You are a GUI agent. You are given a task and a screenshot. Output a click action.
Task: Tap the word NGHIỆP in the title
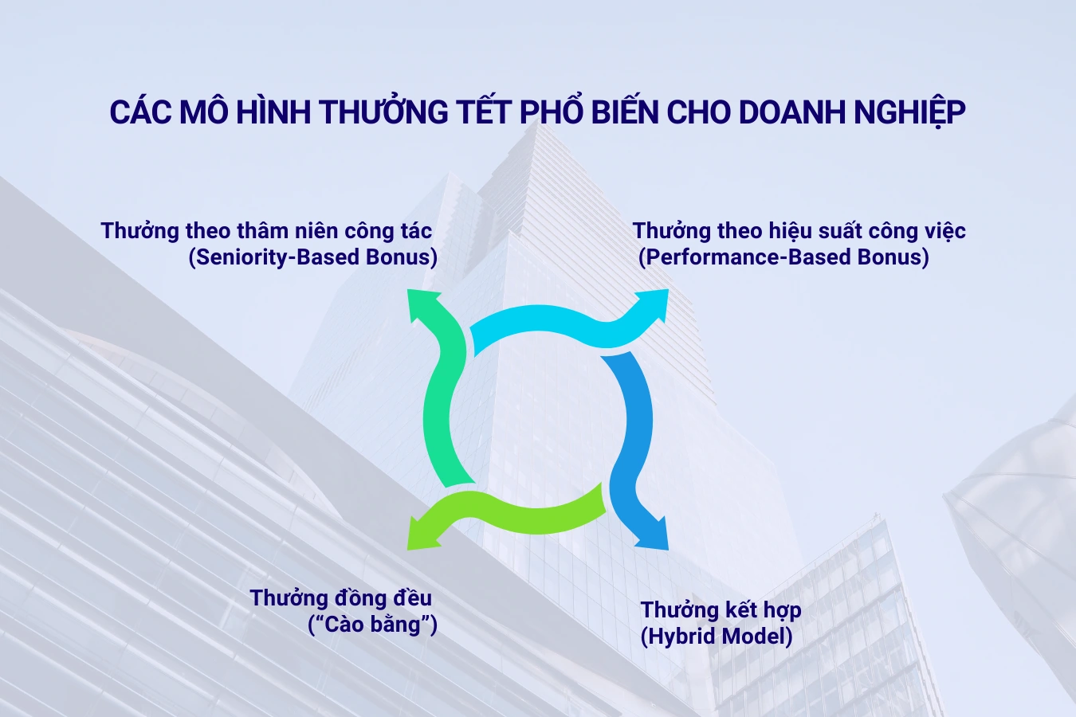click(x=909, y=112)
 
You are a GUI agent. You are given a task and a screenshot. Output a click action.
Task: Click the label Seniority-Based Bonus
click(x=313, y=257)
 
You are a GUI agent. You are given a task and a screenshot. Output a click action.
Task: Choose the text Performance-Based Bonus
click(x=783, y=257)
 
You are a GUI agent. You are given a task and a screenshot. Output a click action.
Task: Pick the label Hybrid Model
click(x=717, y=636)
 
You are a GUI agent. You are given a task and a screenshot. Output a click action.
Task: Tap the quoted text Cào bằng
click(x=372, y=624)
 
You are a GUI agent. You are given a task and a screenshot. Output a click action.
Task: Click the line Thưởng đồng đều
click(x=340, y=597)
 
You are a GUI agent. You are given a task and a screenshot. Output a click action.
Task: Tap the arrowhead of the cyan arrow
click(x=654, y=304)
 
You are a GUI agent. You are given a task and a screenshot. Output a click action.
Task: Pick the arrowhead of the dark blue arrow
click(x=653, y=535)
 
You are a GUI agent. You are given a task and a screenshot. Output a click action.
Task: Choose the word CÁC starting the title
click(x=139, y=112)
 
